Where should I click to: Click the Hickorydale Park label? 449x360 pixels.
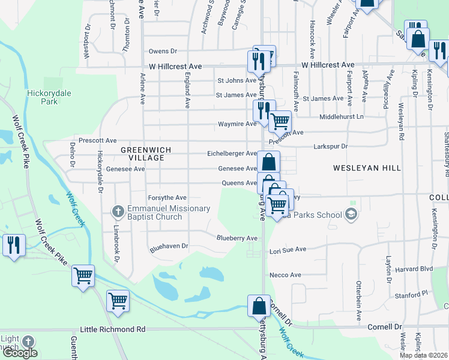click(42, 97)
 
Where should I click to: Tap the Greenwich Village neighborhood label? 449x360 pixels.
click(146, 154)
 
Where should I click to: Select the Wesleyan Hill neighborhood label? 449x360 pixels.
click(368, 168)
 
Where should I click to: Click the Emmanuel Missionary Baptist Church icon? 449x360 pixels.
click(118, 211)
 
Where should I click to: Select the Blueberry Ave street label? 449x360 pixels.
click(237, 238)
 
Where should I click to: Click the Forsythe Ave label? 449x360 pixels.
click(167, 197)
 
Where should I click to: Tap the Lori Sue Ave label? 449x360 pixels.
click(288, 249)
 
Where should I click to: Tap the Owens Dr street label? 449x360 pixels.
click(163, 52)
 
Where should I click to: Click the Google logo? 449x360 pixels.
click(20, 353)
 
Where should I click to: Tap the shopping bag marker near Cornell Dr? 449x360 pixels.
click(259, 305)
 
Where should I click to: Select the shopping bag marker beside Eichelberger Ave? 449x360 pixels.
click(269, 161)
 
